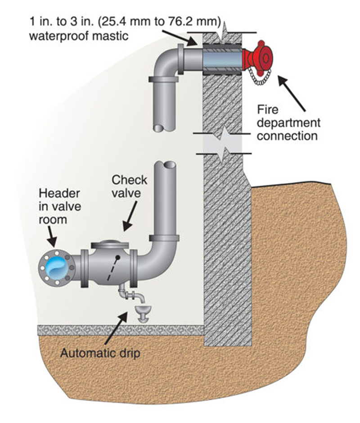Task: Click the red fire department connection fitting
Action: click(258, 57)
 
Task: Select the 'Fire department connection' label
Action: click(288, 122)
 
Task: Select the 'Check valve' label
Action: click(129, 187)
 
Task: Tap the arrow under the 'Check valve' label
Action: click(130, 219)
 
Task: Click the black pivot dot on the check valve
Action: click(117, 257)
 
